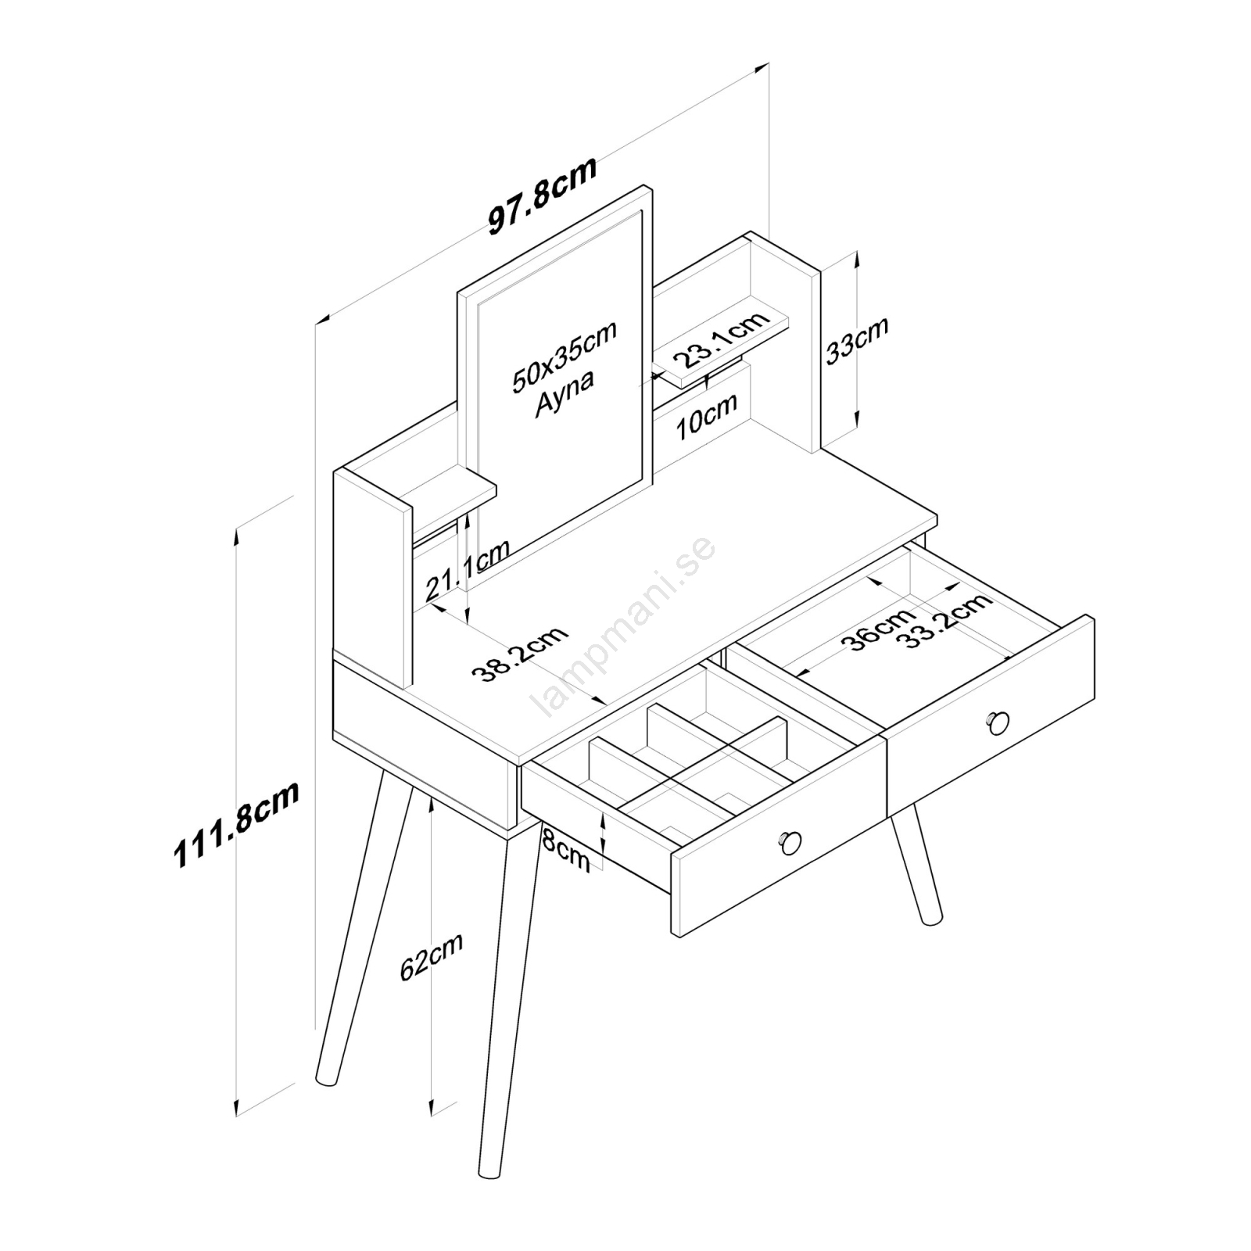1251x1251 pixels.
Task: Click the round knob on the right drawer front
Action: [x=998, y=723]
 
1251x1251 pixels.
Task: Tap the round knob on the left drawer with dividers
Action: [x=790, y=842]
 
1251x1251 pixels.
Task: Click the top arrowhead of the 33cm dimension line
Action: [x=857, y=260]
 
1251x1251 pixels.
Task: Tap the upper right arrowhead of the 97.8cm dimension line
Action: [x=762, y=69]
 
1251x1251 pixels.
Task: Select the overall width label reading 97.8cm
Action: [x=543, y=195]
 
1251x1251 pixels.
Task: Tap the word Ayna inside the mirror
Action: [x=565, y=393]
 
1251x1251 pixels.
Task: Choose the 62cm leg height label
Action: [x=432, y=956]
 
